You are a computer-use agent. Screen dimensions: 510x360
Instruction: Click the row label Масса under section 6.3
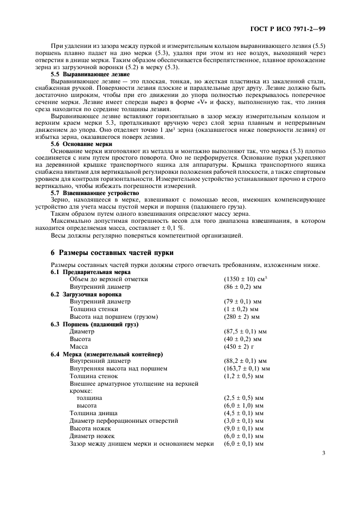click(79, 346)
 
